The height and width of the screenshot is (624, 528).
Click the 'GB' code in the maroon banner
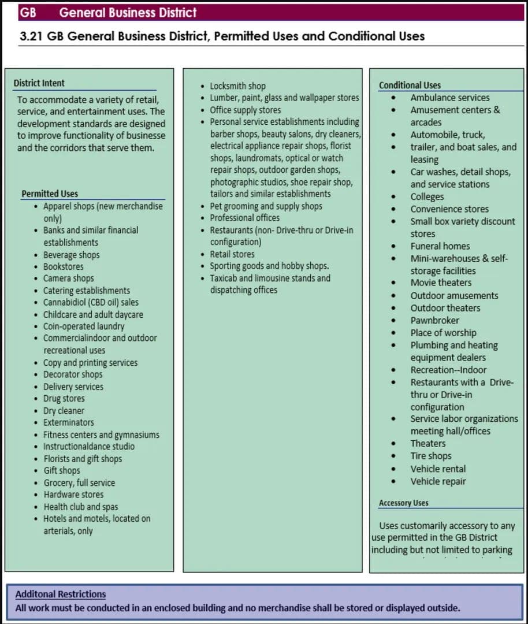click(28, 12)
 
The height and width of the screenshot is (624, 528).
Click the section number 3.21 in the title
click(31, 36)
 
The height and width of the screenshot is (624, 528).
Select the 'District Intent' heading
click(39, 83)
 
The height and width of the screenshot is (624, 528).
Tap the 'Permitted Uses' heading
click(50, 194)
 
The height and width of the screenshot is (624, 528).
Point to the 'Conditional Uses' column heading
click(410, 86)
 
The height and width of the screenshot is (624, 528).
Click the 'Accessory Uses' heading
click(403, 503)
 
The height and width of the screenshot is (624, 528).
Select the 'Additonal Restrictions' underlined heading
click(61, 594)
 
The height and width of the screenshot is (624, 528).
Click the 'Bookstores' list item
click(64, 267)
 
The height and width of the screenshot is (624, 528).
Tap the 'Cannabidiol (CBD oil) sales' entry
click(91, 302)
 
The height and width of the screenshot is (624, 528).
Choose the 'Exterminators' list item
click(69, 422)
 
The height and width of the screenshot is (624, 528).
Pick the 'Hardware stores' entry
click(73, 495)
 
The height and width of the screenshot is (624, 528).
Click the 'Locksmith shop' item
click(237, 86)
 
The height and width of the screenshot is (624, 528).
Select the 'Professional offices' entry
click(244, 218)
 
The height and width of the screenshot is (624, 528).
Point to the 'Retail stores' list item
click(232, 254)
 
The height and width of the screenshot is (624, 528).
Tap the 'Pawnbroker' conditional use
click(435, 321)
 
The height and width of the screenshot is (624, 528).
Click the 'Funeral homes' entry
click(440, 246)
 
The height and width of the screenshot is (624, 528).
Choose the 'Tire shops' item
click(431, 456)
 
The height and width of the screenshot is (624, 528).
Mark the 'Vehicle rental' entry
click(438, 469)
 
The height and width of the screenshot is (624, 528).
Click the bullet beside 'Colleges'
click(393, 197)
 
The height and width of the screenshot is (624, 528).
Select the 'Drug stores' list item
click(64, 399)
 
